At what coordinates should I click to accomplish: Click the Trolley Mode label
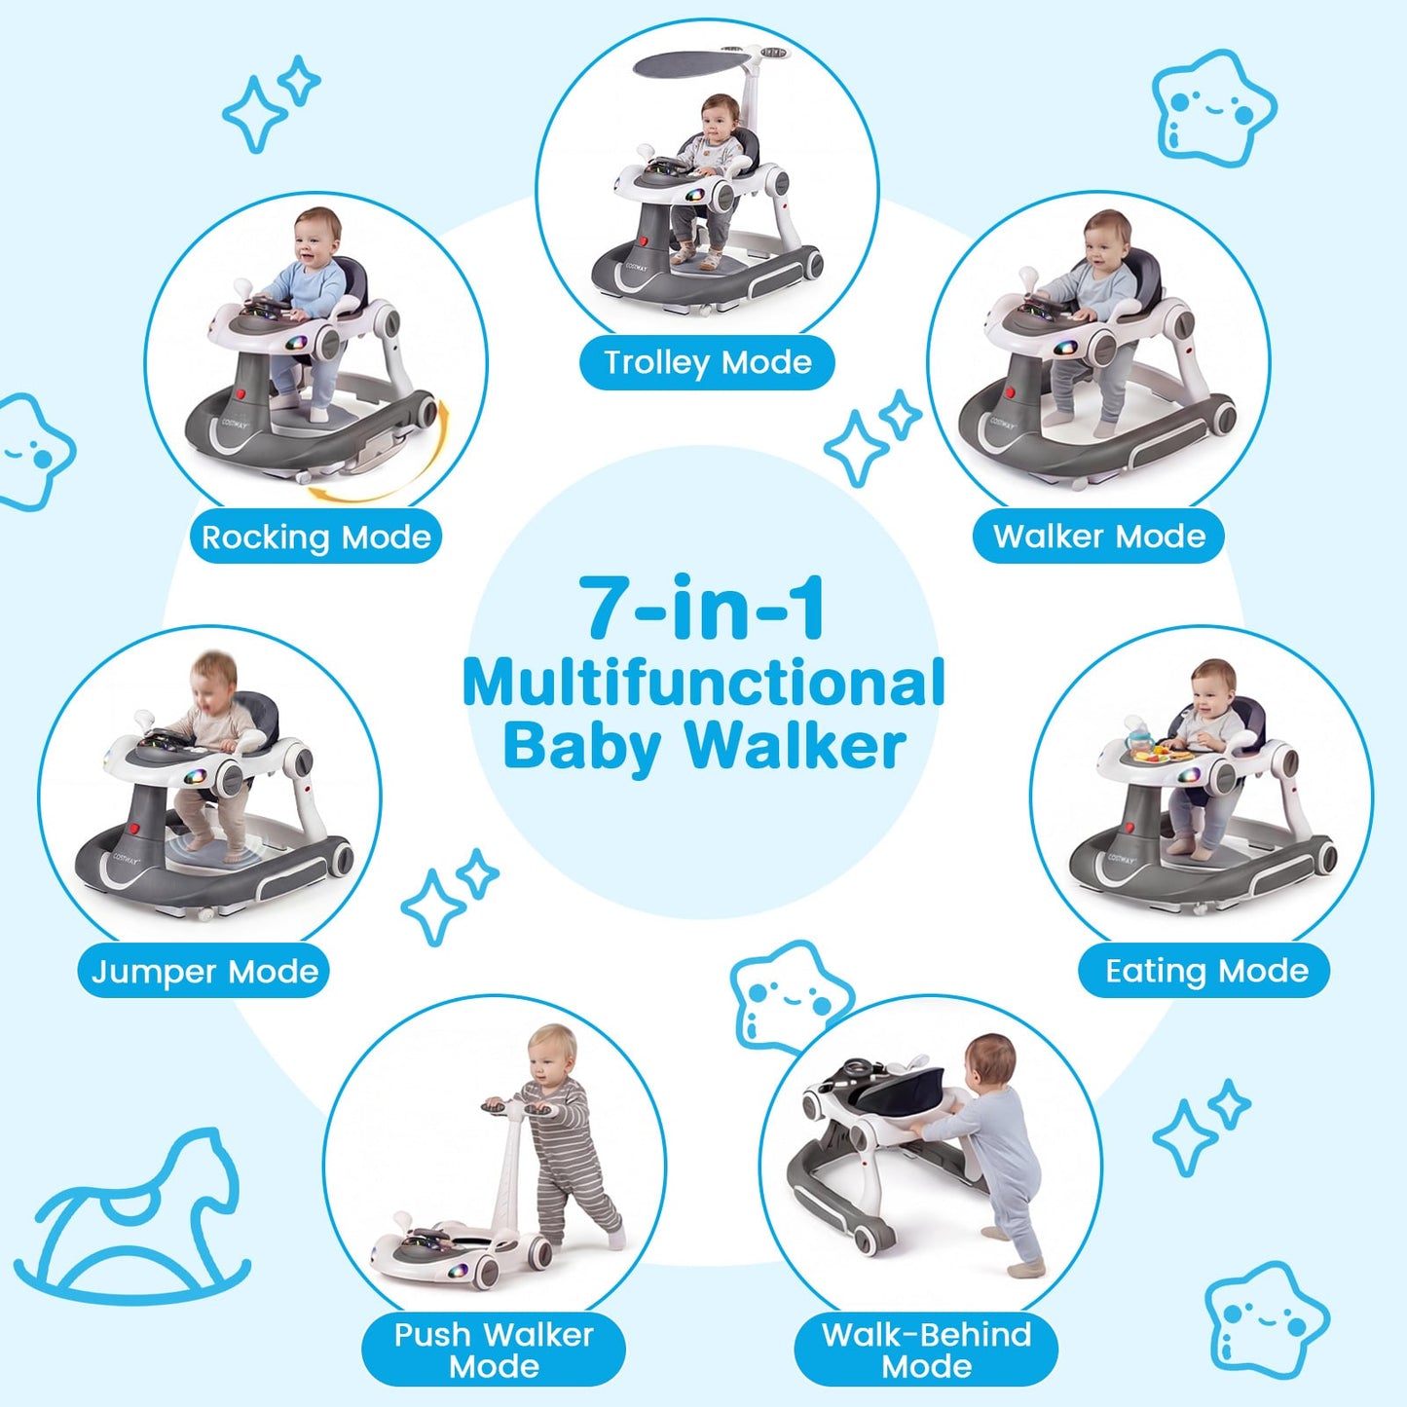(707, 363)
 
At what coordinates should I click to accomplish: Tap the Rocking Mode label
(316, 537)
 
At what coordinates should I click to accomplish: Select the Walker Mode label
(1099, 537)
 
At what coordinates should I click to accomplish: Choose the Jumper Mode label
(204, 971)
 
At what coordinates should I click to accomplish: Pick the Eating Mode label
(1205, 971)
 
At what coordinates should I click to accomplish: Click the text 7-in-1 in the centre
(703, 608)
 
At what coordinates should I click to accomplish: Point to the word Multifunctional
(703, 683)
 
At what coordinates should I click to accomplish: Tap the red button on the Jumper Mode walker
(134, 831)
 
